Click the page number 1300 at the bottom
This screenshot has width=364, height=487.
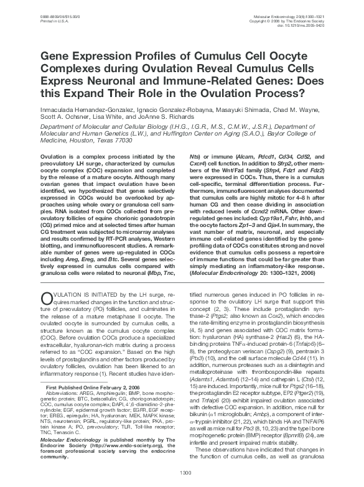(x=182, y=473)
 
